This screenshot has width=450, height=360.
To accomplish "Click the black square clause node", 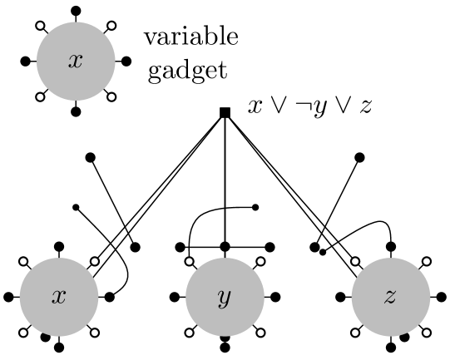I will pyautogui.click(x=225, y=111).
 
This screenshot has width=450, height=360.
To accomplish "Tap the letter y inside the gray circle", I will pyautogui.click(x=225, y=298).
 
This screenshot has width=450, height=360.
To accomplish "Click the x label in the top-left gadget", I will pyautogui.click(x=75, y=62).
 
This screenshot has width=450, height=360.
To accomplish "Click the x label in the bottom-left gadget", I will pyautogui.click(x=58, y=297).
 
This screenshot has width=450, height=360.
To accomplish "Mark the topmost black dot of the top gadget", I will pyautogui.click(x=75, y=11).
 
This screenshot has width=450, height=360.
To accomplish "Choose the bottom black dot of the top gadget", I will pyautogui.click(x=75, y=111).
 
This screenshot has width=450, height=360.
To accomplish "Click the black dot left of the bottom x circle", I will pyautogui.click(x=8, y=296).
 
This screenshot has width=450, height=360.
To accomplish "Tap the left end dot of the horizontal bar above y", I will pyautogui.click(x=180, y=246).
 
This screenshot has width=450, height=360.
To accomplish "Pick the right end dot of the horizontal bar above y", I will pyautogui.click(x=269, y=246).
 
